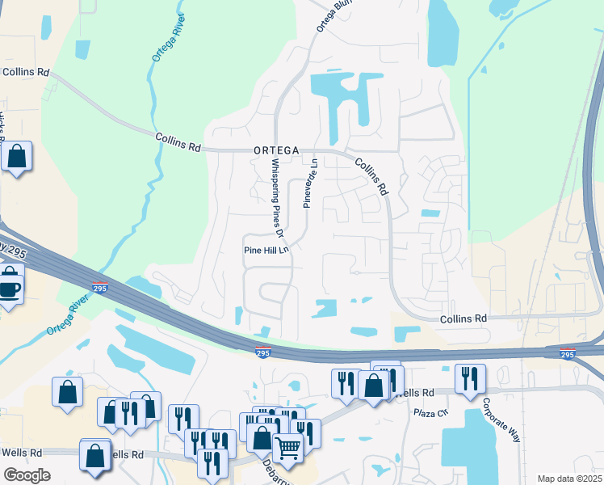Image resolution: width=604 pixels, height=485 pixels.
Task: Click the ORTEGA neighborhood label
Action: (276, 150)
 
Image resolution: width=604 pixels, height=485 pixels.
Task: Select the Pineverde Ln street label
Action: (310, 183)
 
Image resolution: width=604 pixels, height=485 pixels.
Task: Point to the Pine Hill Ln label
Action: (266, 251)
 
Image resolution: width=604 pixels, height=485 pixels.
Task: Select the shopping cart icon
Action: (287, 446)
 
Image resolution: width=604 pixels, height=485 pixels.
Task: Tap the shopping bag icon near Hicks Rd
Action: (16, 157)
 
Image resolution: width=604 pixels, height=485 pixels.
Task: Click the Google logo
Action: (27, 475)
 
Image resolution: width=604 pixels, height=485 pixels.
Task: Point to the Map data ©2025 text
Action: (568, 479)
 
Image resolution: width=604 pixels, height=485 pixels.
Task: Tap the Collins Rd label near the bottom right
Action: (463, 319)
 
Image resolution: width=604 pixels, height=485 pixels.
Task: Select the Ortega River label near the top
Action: (162, 38)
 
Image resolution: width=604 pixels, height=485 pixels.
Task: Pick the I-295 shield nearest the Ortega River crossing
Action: (99, 287)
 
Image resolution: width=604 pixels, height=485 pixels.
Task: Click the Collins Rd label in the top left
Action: (25, 71)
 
